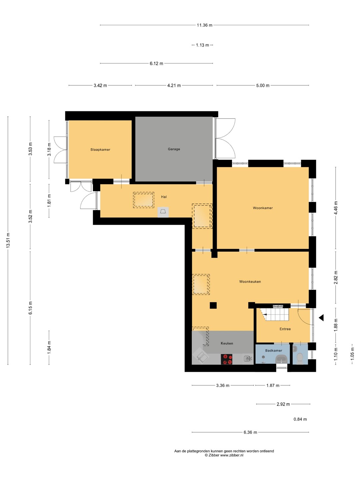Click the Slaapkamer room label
[100, 150]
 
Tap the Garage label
[174, 149]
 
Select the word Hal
[164, 197]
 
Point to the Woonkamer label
[263, 208]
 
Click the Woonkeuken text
[250, 282]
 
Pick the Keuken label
[227, 343]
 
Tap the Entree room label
[285, 329]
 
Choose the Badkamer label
[273, 351]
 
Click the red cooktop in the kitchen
[226, 359]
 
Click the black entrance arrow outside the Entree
[321, 318]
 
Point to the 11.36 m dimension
[204, 25]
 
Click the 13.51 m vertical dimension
[8, 240]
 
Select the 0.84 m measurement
[300, 419]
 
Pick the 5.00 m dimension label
[263, 86]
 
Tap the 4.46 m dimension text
[336, 208]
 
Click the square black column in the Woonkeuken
[213, 305]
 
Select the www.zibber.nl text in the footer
[231, 455]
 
